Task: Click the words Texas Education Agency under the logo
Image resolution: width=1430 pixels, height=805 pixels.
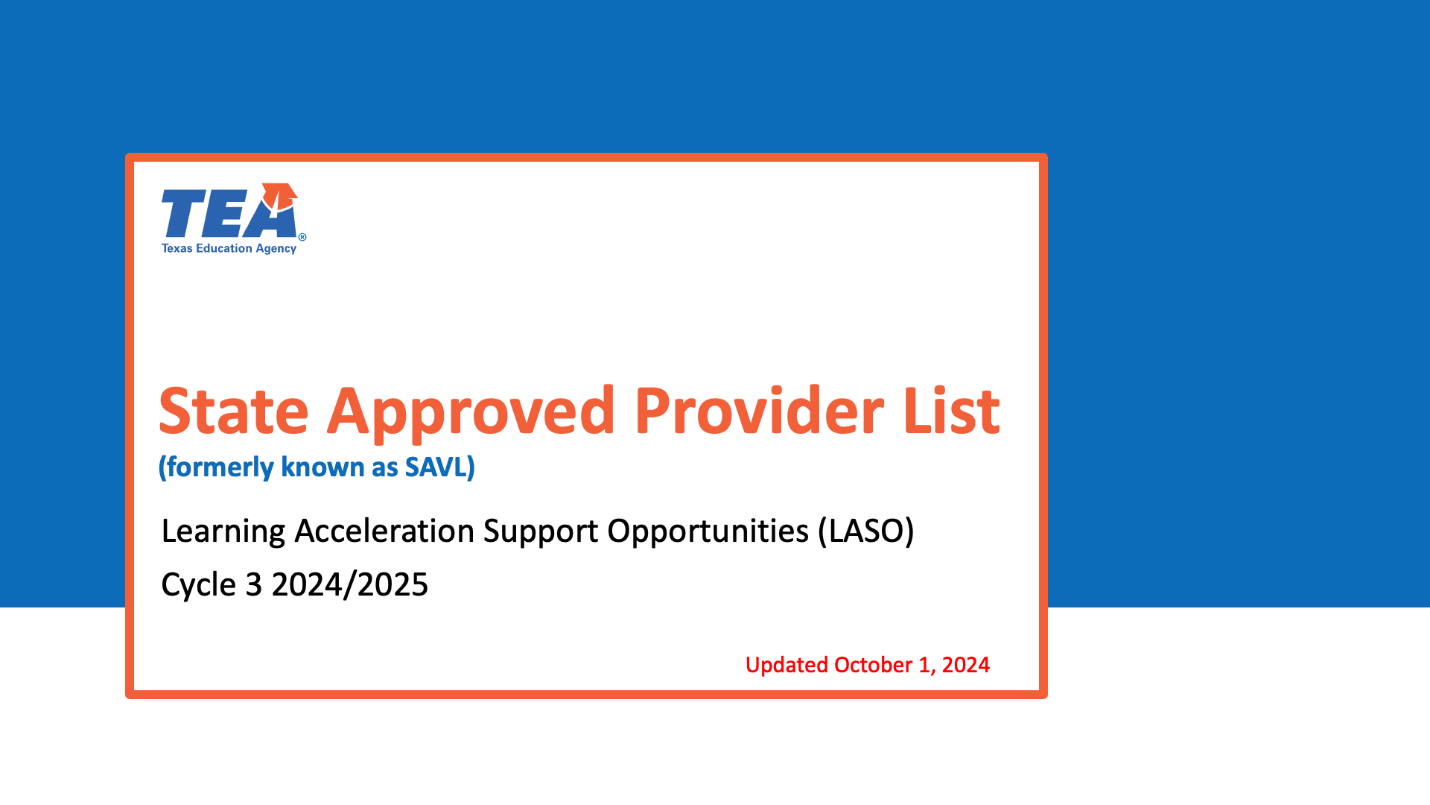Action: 229,248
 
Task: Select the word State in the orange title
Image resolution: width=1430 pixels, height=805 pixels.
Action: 234,411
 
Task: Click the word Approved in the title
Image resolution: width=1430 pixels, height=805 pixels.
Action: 471,414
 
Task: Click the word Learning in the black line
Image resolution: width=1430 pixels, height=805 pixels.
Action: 223,531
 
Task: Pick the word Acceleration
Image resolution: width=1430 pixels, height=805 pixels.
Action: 384,531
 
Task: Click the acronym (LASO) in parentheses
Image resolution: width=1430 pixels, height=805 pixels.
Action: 866,531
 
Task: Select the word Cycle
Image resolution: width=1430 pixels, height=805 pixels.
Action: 199,585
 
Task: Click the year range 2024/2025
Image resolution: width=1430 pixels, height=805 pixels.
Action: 350,584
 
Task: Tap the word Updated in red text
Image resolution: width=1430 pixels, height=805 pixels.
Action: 786,665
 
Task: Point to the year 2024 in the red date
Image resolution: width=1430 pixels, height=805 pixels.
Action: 966,665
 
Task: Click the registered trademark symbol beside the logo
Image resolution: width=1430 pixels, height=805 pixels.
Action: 302,237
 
